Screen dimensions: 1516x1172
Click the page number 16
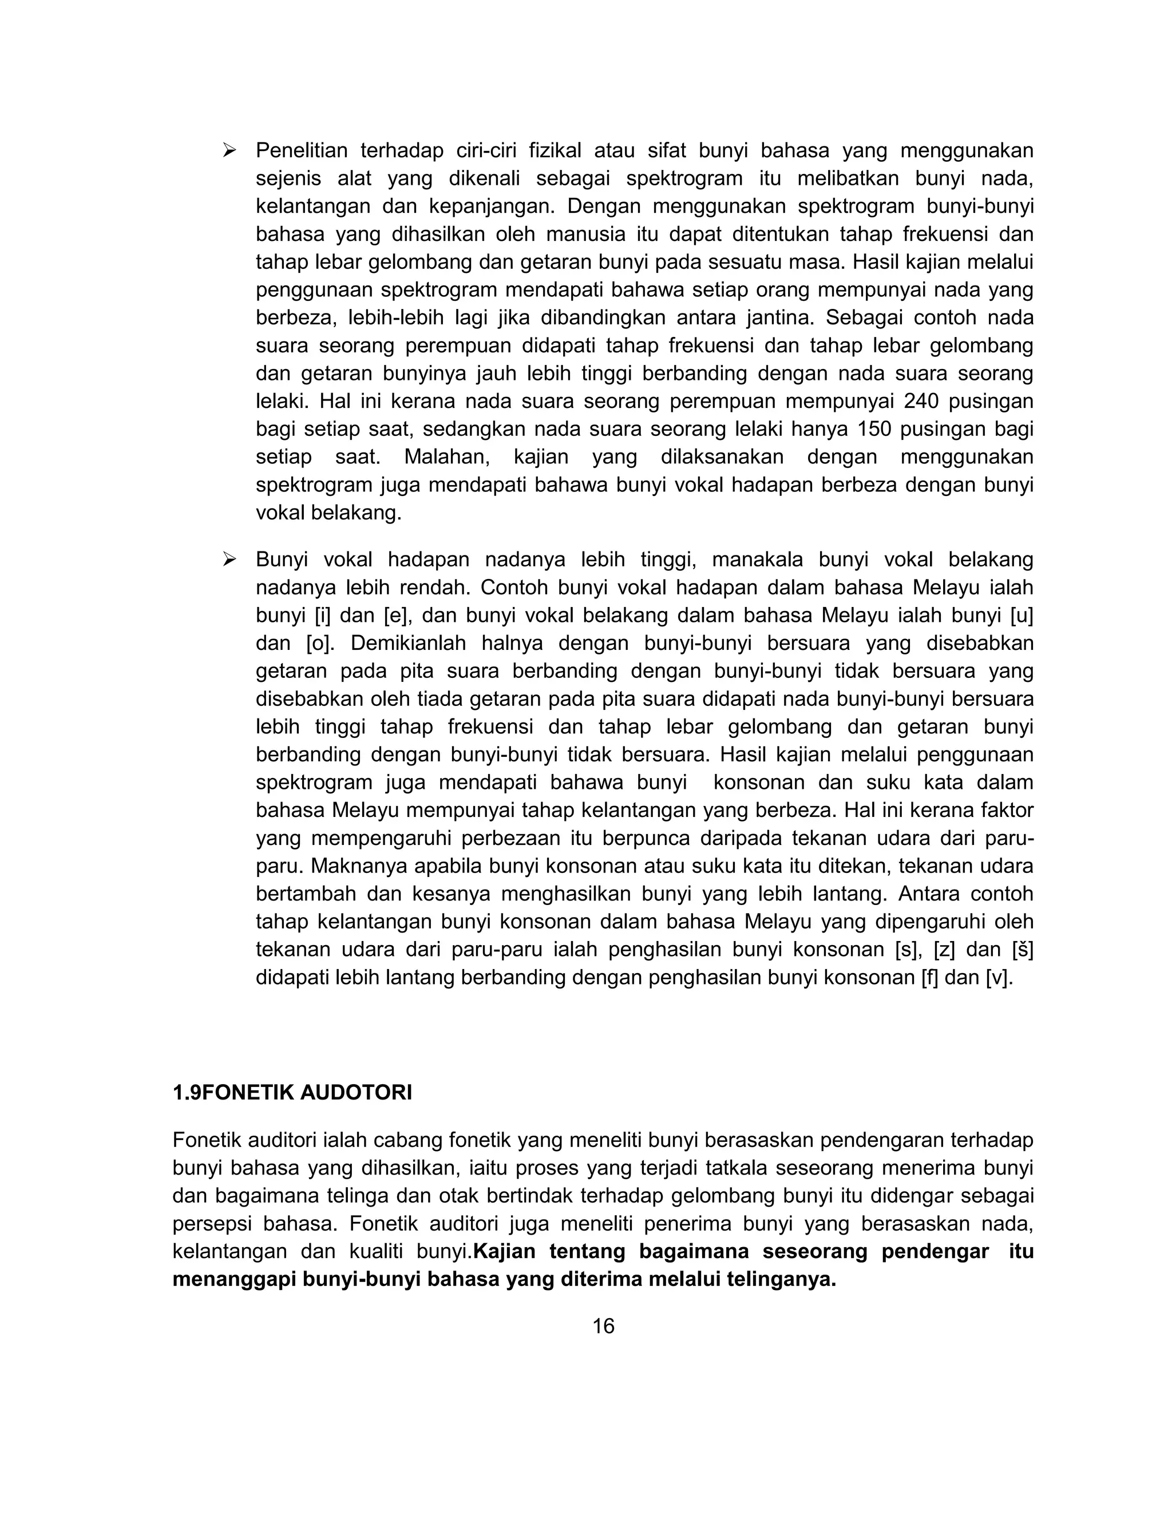pos(603,1327)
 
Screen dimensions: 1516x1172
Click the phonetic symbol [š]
pos(1022,950)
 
